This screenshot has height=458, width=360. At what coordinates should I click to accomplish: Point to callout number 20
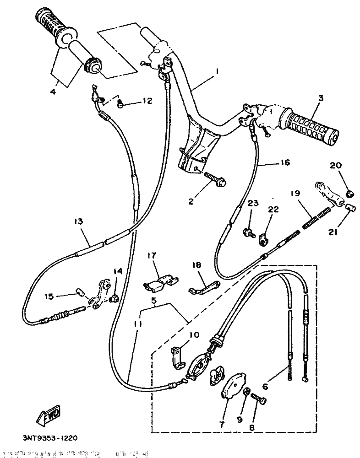click(336, 165)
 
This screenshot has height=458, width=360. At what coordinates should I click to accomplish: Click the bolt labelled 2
click(215, 180)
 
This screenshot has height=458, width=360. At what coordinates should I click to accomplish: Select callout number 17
click(152, 257)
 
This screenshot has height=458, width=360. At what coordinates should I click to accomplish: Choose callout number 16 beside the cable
click(285, 162)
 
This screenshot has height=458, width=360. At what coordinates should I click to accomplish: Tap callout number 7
click(222, 425)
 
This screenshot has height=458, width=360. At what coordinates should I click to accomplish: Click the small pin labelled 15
click(81, 291)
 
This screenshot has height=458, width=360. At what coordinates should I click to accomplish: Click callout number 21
click(333, 232)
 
